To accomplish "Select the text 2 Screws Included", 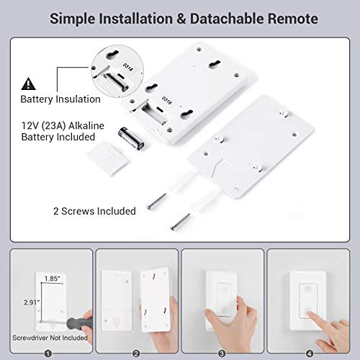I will (94, 211).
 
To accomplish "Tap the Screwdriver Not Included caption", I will (48, 338).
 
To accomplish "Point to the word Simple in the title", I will (72, 19).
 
